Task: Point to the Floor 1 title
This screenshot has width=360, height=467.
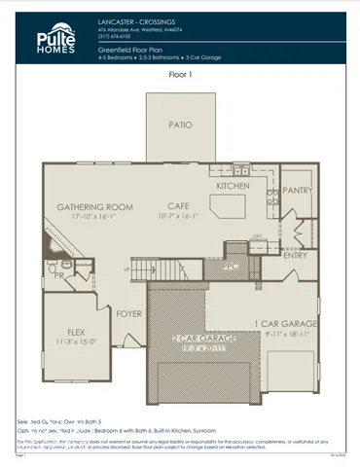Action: coord(182,74)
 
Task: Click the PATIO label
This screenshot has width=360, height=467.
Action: coord(180,126)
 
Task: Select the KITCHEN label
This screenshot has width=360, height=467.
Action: coord(234,185)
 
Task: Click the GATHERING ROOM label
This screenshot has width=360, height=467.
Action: coord(94,207)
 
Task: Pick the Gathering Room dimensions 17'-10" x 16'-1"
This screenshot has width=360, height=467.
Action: coord(94,217)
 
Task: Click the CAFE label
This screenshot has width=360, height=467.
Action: coord(178,207)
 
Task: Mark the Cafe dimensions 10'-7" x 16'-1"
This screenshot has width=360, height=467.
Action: coord(178,217)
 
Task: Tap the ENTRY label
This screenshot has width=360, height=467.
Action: coord(295,256)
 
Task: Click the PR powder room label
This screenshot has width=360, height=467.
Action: coord(59,275)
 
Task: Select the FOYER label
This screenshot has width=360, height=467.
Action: coord(128,314)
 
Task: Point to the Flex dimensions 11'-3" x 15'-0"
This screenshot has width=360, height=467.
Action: coord(72,341)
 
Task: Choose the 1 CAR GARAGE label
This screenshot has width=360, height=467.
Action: coord(287,323)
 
